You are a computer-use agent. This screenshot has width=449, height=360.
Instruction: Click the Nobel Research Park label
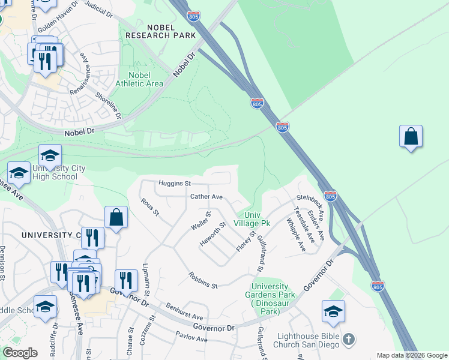point(160,31)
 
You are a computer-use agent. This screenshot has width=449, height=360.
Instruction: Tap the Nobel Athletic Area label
point(139,79)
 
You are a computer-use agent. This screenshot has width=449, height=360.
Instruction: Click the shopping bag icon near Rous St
point(116,218)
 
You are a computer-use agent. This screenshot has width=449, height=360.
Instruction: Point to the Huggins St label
point(174,183)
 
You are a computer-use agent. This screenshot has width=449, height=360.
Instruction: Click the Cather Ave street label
point(206,197)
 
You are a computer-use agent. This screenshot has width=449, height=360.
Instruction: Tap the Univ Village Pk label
point(257,219)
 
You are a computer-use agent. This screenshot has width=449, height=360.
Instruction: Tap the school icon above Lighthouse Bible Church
point(333,311)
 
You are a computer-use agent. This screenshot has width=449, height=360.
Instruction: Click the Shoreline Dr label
point(109,104)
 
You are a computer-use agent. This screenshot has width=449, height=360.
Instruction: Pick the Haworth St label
point(212,234)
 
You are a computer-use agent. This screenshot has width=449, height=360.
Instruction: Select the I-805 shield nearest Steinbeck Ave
point(330,196)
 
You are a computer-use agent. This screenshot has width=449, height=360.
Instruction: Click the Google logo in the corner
point(20,353)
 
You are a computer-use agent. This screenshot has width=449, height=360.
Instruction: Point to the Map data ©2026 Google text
point(411,355)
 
